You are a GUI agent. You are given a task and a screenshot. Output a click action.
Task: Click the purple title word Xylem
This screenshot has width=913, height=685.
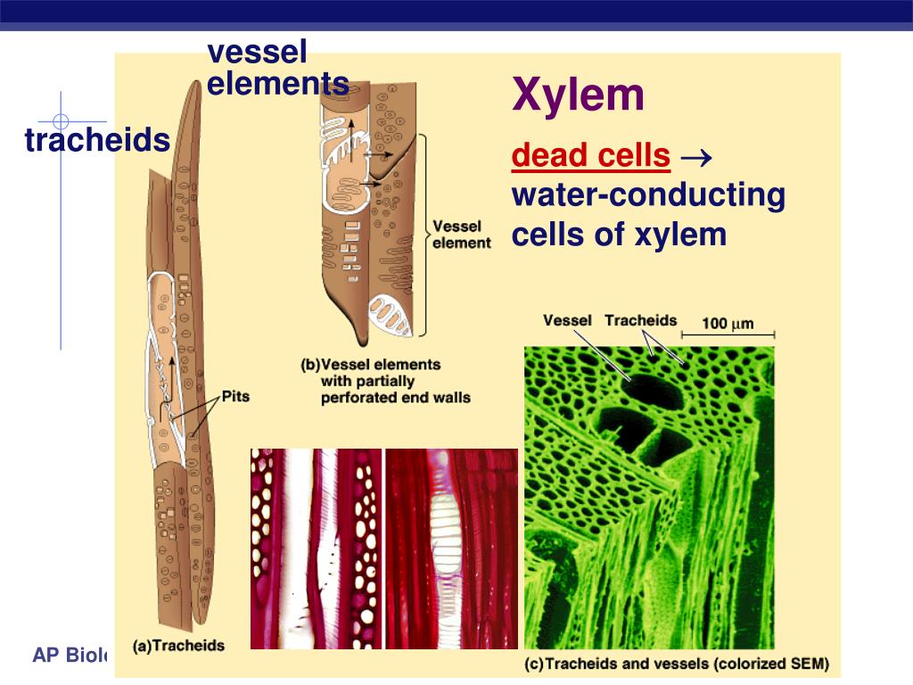tap(578, 95)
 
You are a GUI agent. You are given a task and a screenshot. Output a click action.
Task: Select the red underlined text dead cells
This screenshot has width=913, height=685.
tap(590, 156)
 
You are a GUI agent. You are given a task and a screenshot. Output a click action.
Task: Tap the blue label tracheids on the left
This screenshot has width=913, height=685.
tap(97, 140)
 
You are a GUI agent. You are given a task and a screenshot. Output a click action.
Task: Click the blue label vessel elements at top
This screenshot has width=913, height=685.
tap(277, 68)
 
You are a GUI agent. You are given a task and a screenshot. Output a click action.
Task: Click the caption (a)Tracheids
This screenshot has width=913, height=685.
tap(178, 645)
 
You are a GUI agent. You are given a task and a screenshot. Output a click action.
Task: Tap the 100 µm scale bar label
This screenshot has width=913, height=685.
tap(728, 322)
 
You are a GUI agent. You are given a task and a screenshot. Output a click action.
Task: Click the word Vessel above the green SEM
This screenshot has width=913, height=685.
tap(568, 320)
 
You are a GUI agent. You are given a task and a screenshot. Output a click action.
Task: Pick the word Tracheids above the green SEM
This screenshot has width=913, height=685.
tap(640, 320)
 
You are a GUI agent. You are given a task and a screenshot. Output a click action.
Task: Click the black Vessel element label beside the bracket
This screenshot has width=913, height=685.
tap(460, 235)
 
